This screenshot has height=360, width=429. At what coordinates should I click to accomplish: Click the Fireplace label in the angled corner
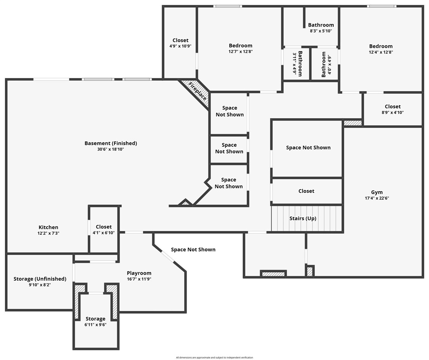pos(197,91)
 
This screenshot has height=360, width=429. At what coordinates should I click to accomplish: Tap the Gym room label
pos(376,192)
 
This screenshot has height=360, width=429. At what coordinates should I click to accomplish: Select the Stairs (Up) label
pos(303,218)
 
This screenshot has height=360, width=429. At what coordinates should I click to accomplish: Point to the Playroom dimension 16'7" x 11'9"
pos(139,279)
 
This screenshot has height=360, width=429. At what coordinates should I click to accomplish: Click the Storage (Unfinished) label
pos(40,279)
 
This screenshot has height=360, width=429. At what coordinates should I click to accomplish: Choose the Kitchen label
pos(48,227)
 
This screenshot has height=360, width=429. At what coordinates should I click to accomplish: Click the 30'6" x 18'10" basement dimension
pos(111,149)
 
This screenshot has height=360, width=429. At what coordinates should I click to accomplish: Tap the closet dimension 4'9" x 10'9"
pos(180,46)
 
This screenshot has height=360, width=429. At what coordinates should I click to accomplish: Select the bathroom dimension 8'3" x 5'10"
pos(321,31)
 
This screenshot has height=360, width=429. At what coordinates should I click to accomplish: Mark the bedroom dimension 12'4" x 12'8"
pos(381,52)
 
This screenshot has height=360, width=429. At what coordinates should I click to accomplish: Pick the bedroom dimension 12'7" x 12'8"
pos(240,52)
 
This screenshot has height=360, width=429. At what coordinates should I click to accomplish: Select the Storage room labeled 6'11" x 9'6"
pos(96,322)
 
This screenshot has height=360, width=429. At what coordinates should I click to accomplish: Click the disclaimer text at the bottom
pos(214,357)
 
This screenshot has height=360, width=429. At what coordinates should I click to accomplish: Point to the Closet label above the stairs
pos(306,191)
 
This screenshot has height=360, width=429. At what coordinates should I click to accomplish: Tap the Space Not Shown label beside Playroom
pos(193,249)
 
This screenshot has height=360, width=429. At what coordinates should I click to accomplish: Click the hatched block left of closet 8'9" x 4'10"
pos(352,123)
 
